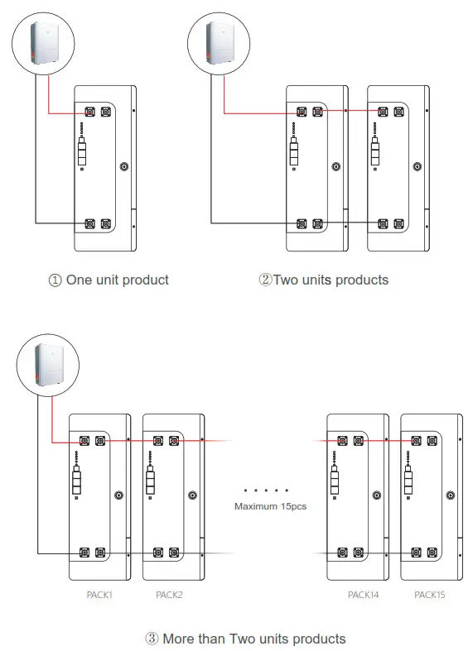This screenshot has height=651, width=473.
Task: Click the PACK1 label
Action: tap(99, 595)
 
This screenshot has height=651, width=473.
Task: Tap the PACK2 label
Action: tap(168, 595)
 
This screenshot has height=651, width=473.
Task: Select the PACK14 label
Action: tap(363, 595)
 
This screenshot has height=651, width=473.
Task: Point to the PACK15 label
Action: tap(430, 595)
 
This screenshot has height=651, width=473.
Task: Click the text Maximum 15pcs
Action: tap(270, 506)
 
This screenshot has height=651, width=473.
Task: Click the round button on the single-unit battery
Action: tap(124, 166)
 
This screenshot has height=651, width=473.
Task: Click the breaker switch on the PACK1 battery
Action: tap(77, 479)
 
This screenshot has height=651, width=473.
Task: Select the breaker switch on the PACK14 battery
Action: tap(335, 479)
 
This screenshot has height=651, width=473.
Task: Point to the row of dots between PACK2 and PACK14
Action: tap(267, 491)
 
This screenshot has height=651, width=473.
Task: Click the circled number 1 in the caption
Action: tap(56, 280)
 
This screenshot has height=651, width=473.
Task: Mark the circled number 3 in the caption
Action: tap(152, 639)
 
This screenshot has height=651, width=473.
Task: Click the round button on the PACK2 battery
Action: tap(192, 496)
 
